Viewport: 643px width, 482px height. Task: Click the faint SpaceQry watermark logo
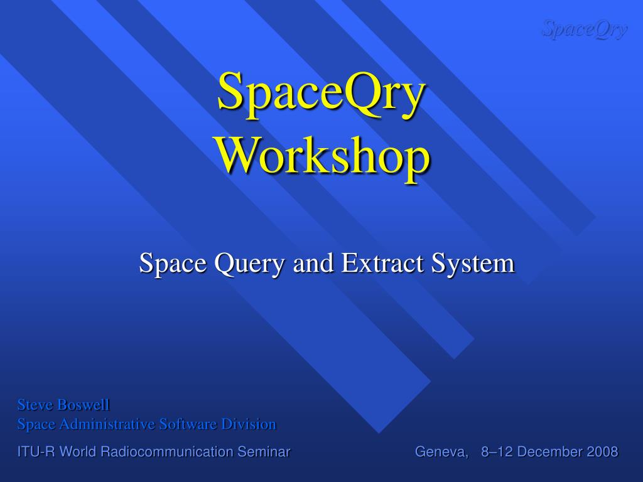point(585,29)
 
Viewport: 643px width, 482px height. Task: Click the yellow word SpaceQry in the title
point(321,94)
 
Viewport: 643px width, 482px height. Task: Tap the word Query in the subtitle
point(249,264)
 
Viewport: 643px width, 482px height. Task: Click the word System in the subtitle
point(472,264)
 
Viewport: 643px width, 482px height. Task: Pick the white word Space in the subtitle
point(173,264)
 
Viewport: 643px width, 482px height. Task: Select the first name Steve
point(35,405)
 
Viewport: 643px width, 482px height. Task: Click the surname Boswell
point(83,405)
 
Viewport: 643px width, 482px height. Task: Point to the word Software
point(188,424)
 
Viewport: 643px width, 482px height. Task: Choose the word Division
point(249,424)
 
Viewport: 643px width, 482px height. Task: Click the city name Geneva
point(441,452)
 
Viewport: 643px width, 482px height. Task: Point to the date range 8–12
point(495,452)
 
